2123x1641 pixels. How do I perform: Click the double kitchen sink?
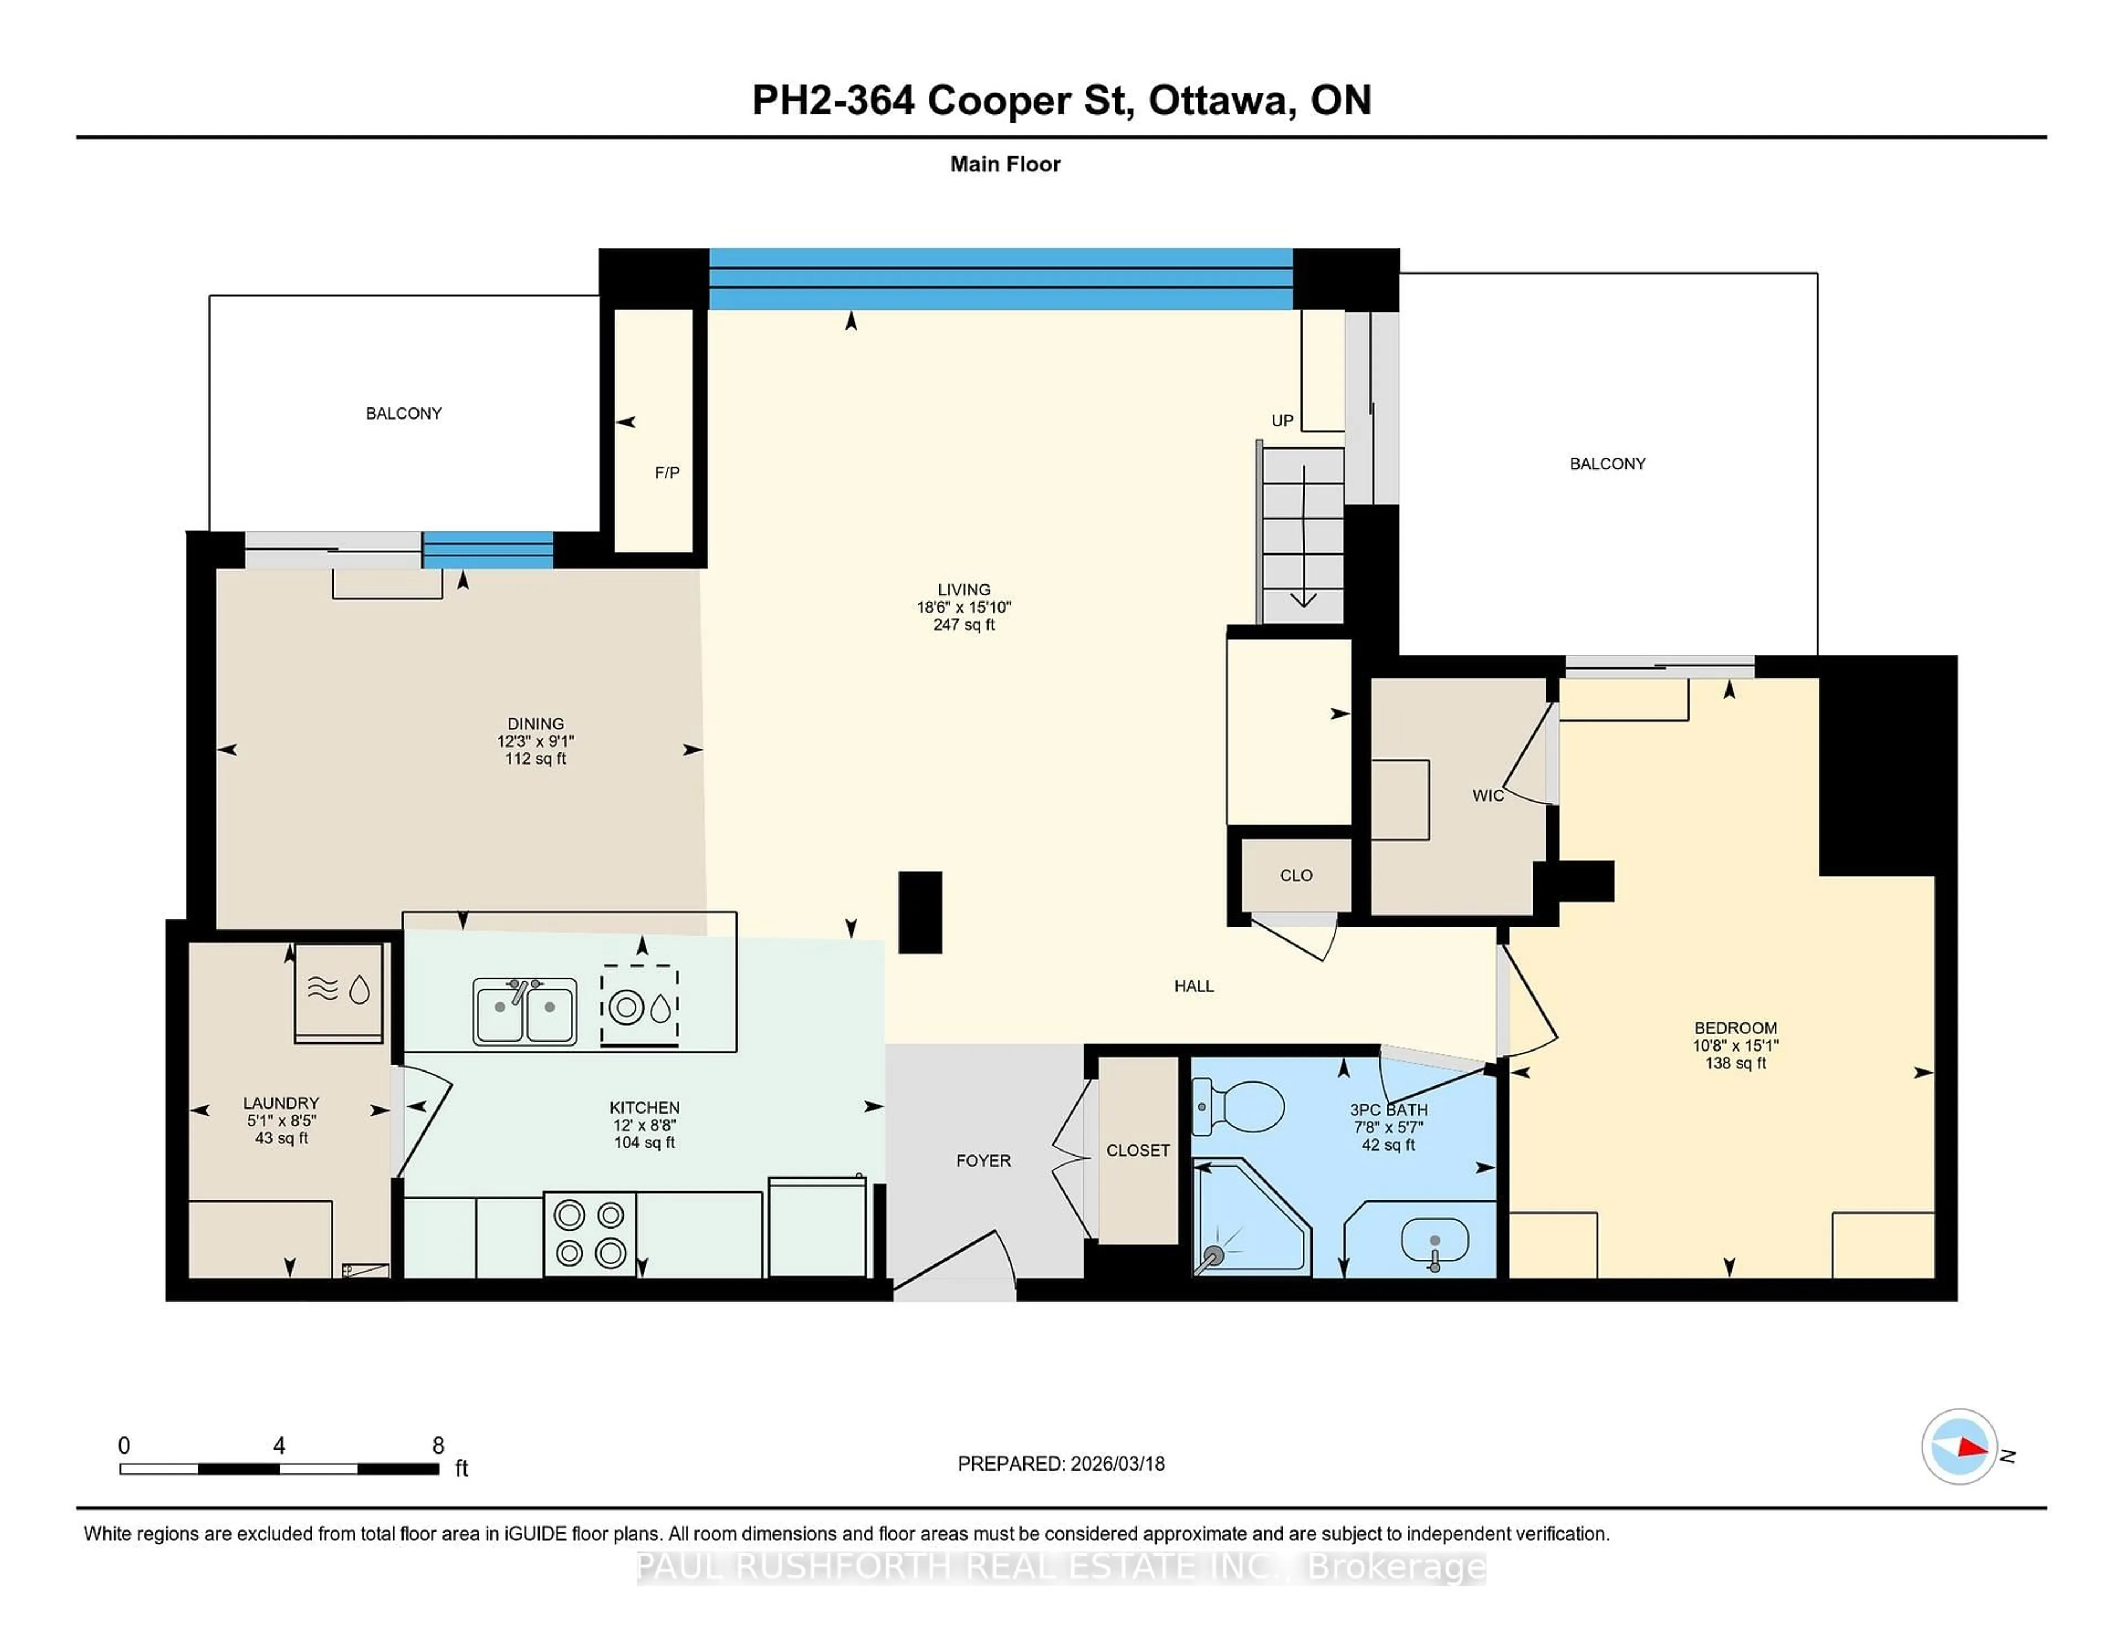(x=524, y=1011)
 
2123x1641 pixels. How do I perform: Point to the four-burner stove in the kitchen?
(x=589, y=1234)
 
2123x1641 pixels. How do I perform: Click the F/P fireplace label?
(x=667, y=473)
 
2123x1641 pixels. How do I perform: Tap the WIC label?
(x=1487, y=795)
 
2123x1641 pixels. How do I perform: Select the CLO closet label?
(x=1296, y=875)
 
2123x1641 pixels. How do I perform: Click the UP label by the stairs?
(x=1282, y=420)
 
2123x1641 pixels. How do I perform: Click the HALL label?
(x=1194, y=986)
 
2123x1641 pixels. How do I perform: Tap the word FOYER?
(x=983, y=1160)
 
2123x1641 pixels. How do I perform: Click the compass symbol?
(x=1959, y=1446)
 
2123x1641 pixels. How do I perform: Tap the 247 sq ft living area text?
(x=963, y=625)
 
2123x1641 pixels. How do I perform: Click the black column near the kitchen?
(x=919, y=912)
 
